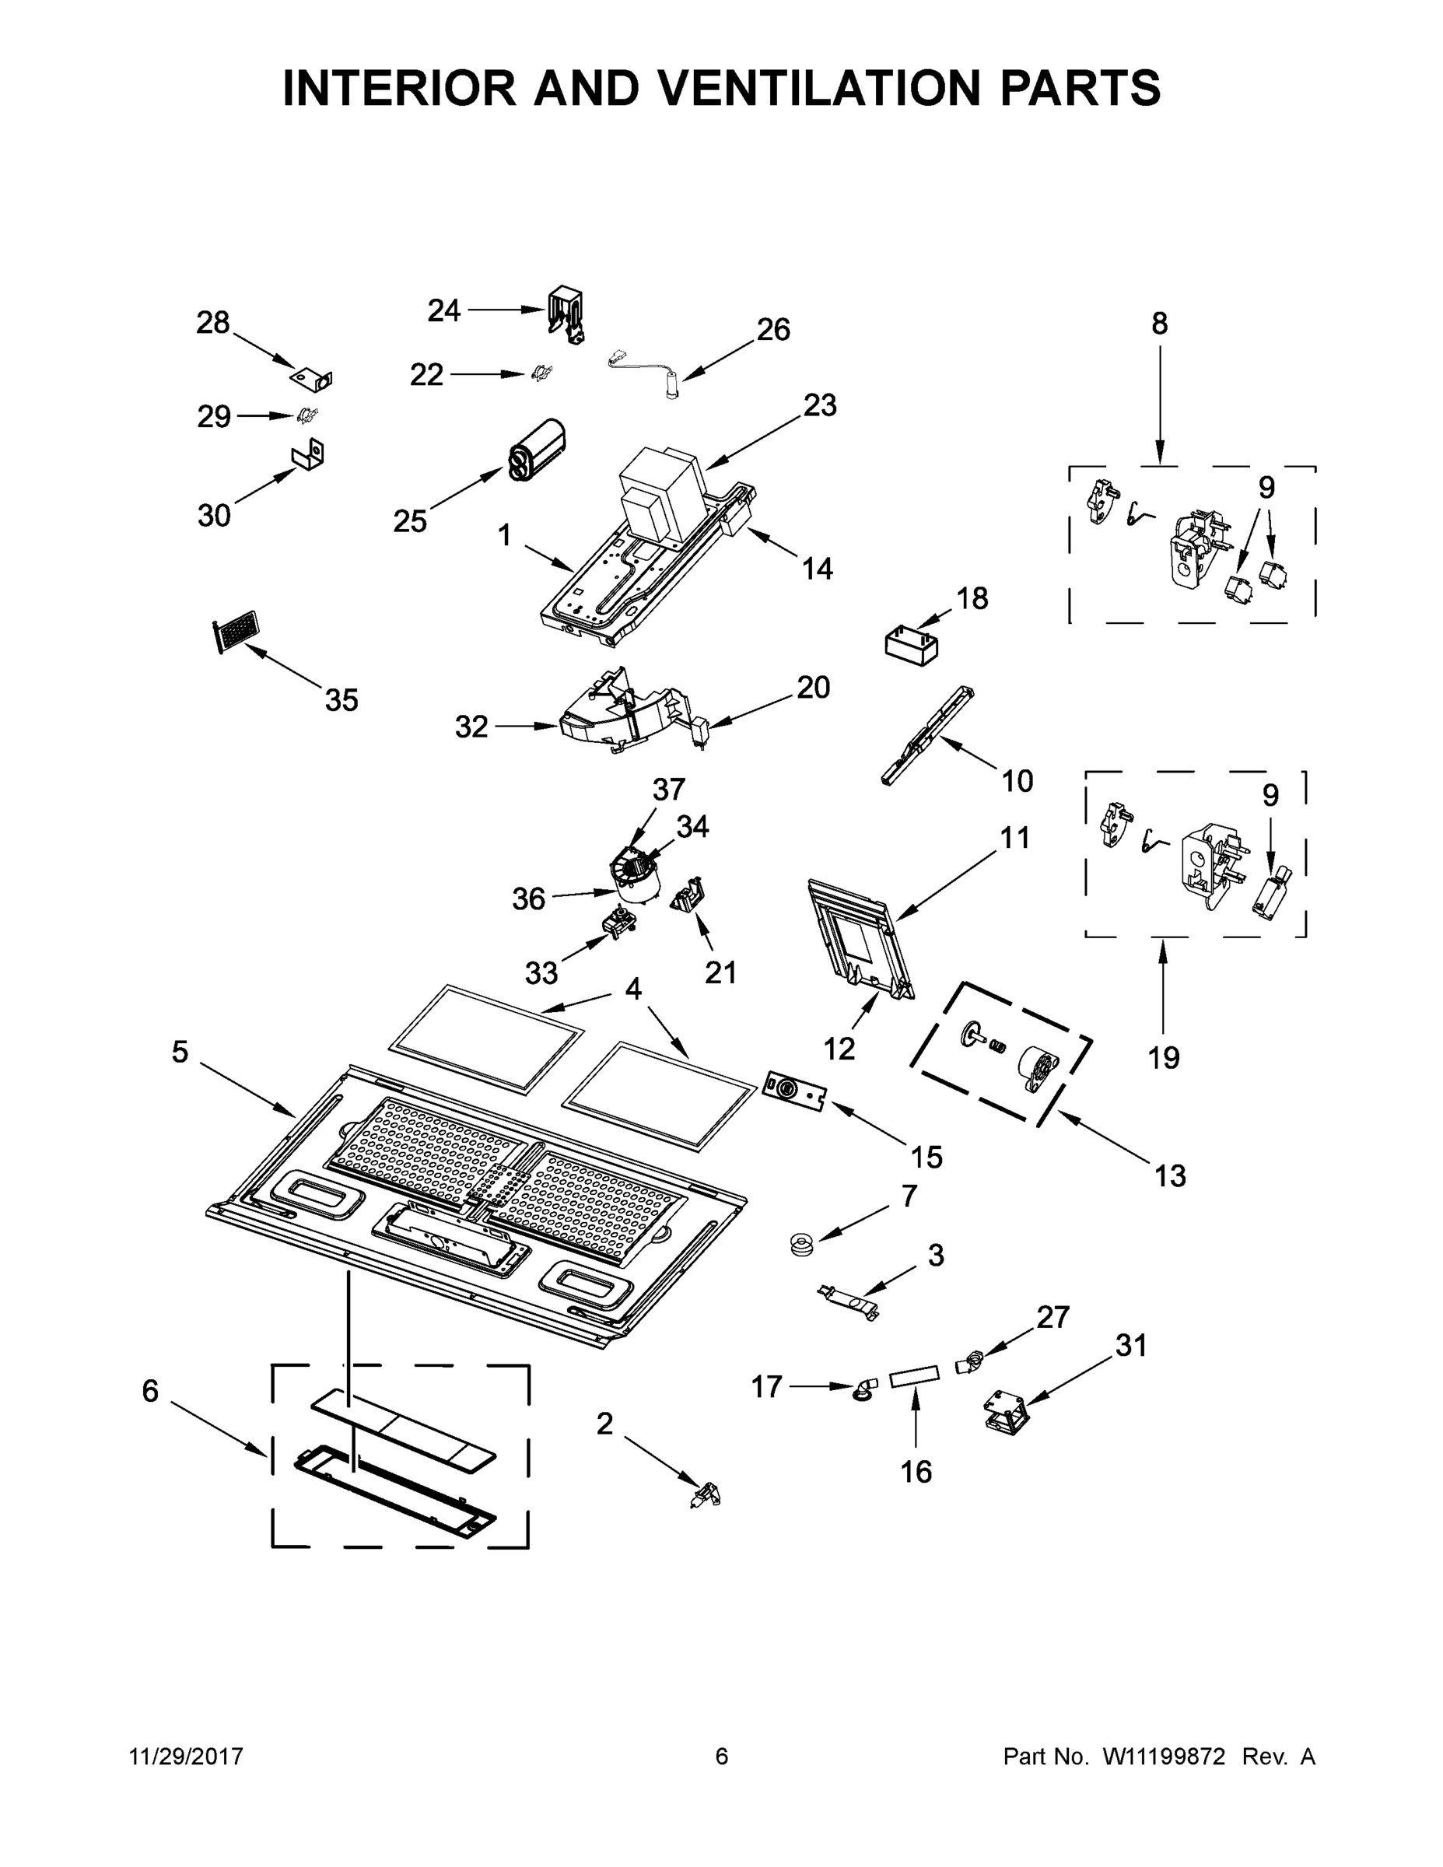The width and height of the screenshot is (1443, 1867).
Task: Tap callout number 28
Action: click(213, 323)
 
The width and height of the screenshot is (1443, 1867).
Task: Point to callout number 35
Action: click(341, 700)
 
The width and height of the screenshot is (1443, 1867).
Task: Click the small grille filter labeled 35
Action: click(234, 632)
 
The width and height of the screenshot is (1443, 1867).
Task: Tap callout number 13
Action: click(1169, 1176)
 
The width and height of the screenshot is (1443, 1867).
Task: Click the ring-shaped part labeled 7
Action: click(802, 1245)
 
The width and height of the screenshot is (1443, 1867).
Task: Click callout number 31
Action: click(1131, 1346)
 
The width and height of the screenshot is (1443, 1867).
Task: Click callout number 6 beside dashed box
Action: click(150, 1392)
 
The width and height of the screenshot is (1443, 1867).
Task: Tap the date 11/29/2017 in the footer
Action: click(187, 1756)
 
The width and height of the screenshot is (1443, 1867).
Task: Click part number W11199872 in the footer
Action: click(1164, 1756)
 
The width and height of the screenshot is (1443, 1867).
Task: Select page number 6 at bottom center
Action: click(722, 1756)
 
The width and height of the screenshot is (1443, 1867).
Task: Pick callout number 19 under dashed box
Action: click(1164, 1058)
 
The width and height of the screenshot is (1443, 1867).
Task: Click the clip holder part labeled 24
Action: click(567, 314)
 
